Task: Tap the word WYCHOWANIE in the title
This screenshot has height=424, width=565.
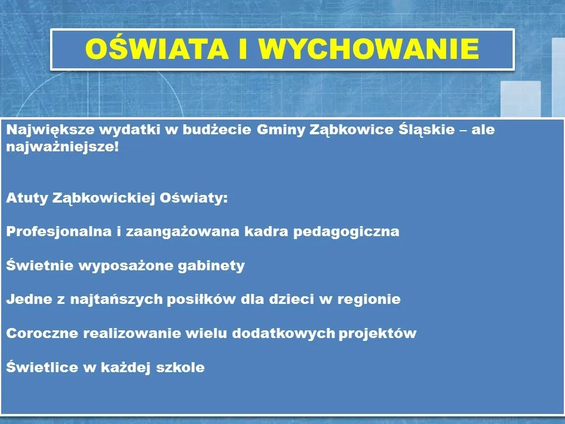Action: click(368, 49)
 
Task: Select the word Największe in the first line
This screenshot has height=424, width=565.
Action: click(51, 130)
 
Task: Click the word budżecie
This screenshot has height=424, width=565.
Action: click(217, 130)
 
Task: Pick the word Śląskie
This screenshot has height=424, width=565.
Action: click(427, 129)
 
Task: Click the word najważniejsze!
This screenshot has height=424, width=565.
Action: click(62, 147)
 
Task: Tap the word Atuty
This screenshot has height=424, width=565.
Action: click(27, 198)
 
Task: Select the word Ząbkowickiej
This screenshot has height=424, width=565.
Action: click(104, 198)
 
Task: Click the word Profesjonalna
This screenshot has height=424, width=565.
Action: click(59, 231)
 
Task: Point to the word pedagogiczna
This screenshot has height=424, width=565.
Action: click(346, 232)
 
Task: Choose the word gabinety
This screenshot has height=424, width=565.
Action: click(211, 266)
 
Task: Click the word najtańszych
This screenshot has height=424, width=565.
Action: click(117, 299)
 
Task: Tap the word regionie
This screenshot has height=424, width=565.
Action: click(369, 299)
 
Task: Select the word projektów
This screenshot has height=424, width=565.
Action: click(378, 333)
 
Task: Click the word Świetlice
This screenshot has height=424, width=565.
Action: click(42, 366)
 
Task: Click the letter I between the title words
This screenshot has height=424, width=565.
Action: click(243, 49)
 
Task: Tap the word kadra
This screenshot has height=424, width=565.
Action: click(266, 231)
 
